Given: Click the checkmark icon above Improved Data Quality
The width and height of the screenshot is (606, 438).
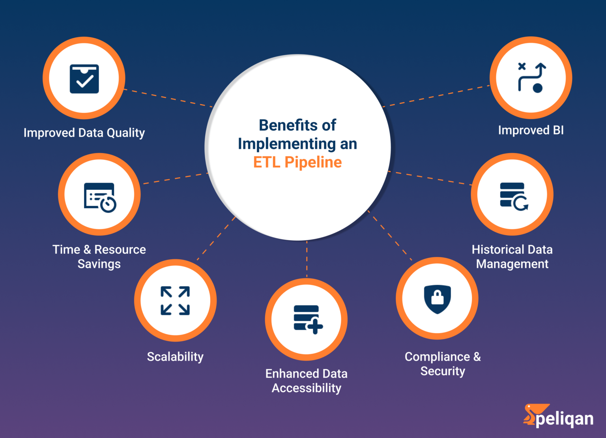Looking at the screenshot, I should (x=84, y=79).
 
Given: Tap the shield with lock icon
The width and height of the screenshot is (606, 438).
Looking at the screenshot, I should (x=437, y=298).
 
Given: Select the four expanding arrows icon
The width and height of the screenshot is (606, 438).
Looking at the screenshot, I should (x=175, y=301).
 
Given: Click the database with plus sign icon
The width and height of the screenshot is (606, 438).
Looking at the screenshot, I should (x=308, y=319).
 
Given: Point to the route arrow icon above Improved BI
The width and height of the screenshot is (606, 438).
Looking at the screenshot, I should (x=531, y=78).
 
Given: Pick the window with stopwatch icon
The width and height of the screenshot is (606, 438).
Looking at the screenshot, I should (x=100, y=197).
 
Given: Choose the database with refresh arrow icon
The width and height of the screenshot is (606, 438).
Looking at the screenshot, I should (x=513, y=196).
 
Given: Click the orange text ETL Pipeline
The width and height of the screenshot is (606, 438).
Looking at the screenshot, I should (x=297, y=162).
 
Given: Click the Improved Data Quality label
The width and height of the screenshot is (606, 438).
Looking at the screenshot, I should (x=84, y=133).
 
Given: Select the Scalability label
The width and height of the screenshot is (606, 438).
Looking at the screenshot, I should (x=175, y=357).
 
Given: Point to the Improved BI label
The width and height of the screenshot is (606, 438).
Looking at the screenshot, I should (x=531, y=130).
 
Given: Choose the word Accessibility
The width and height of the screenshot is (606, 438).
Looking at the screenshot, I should (x=307, y=388).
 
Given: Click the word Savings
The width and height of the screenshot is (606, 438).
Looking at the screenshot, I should (x=99, y=264).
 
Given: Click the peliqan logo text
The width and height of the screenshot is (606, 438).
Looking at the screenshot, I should (x=565, y=419).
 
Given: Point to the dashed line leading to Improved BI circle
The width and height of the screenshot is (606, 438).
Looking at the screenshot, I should (x=436, y=96).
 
